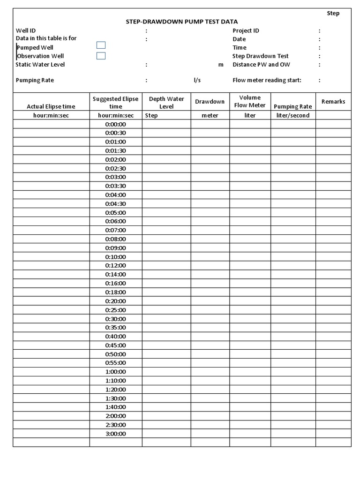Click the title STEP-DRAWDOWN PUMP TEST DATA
pos(181,22)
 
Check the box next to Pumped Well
pos(101,45)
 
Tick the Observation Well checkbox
pos(101,56)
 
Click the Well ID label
pos(26,30)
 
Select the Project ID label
pos(246,30)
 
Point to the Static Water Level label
pos(40,65)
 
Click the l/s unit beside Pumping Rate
pos(197,80)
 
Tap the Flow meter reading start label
pos(267,80)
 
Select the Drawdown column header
pos(210,102)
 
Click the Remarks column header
pos(333,102)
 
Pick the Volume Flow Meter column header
pos(250,102)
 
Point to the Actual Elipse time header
pos(51,106)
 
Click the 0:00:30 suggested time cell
pos(116,133)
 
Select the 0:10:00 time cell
pos(116,257)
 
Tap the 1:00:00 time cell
pos(116,372)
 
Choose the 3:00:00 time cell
pos(116,434)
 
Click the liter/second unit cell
pos(293,115)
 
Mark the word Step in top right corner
pos(333,13)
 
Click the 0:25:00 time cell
pos(116,310)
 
